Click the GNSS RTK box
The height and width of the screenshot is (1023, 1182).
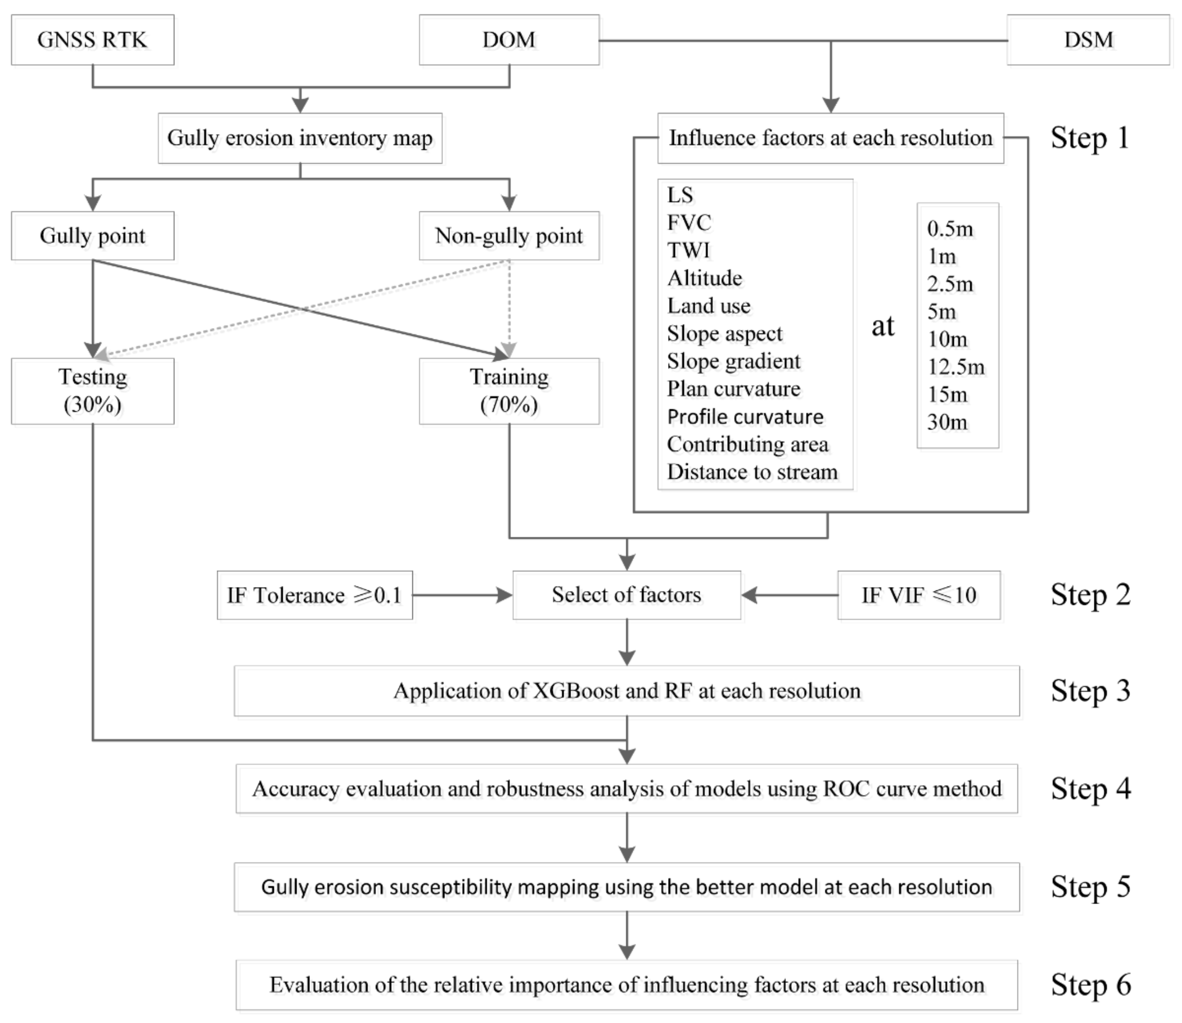point(92,40)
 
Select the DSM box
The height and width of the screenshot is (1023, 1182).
point(1088,40)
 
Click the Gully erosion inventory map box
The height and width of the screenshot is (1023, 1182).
point(300,138)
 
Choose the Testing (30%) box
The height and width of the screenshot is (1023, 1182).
point(92,391)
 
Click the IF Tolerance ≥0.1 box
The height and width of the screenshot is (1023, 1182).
point(315,595)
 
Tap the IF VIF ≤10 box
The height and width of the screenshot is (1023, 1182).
point(919,595)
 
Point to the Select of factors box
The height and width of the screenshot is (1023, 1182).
point(626,595)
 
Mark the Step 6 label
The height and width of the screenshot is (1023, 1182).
point(1091,985)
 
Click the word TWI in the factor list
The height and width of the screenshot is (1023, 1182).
point(689,250)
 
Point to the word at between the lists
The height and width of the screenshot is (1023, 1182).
point(883,326)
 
